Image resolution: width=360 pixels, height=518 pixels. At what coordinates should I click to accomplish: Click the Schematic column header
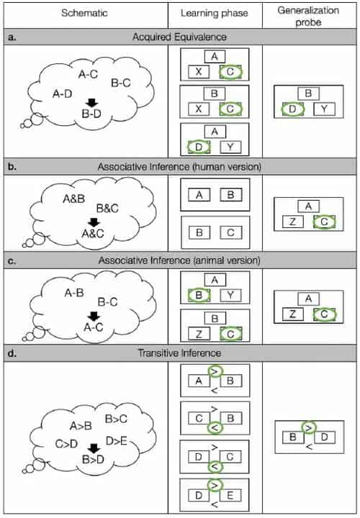click(84, 14)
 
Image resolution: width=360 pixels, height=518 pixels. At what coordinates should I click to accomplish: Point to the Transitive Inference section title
click(179, 353)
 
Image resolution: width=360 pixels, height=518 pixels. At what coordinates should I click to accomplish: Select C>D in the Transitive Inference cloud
click(67, 445)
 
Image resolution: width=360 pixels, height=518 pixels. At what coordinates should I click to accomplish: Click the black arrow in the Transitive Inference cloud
click(92, 450)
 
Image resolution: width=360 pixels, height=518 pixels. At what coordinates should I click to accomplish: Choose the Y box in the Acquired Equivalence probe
click(324, 109)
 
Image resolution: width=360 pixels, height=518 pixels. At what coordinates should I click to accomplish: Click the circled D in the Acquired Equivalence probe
click(292, 109)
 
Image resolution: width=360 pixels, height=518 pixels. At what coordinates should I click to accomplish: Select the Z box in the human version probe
click(292, 223)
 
